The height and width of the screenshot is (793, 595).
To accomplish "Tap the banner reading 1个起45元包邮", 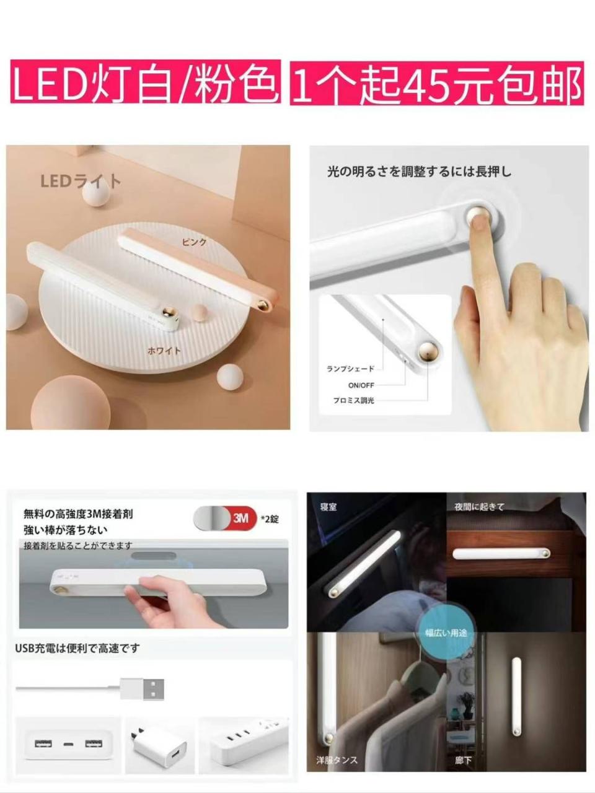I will click(436, 83).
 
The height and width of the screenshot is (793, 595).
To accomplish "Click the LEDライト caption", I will click(81, 181).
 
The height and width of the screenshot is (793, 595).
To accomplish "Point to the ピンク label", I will click(194, 242).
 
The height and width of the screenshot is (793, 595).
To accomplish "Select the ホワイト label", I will click(164, 351).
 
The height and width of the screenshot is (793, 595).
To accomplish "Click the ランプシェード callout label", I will click(350, 369).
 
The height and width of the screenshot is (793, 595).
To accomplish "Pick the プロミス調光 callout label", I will click(353, 401).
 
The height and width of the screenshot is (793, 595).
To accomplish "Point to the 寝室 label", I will click(328, 507).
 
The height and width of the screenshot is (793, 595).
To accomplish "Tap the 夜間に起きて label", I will click(479, 507).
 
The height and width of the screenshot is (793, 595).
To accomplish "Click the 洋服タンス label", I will click(337, 760).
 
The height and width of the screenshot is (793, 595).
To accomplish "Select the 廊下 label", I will click(463, 760).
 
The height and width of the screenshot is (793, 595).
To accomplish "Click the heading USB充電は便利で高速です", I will click(77, 648).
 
